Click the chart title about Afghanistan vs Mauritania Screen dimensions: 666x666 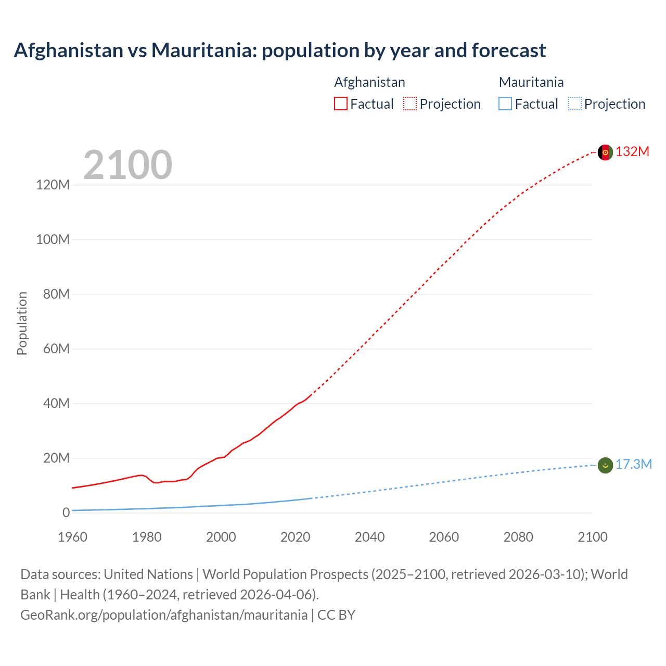click(279, 50)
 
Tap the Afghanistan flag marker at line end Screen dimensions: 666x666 click(605, 152)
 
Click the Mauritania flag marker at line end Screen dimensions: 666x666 click(605, 465)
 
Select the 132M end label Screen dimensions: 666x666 click(632, 152)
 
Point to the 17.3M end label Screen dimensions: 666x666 click(633, 465)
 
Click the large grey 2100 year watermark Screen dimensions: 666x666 click(127, 165)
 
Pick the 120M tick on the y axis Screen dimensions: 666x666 click(53, 185)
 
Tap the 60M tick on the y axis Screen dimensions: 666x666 click(56, 349)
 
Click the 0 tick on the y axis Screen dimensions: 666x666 click(66, 513)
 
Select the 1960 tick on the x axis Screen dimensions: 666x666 click(72, 537)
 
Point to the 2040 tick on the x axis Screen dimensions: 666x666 click(369, 537)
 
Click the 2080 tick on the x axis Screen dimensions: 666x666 click(518, 537)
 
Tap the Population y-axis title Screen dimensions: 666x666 click(22, 323)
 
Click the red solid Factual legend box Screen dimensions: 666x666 click(340, 104)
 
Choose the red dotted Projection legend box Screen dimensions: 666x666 click(410, 104)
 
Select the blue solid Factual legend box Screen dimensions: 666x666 click(505, 104)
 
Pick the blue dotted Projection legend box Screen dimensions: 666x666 click(575, 104)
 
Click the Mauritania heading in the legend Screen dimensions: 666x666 click(531, 82)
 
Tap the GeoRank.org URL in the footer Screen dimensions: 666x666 click(164, 615)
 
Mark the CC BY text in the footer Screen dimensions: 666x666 click(336, 615)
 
